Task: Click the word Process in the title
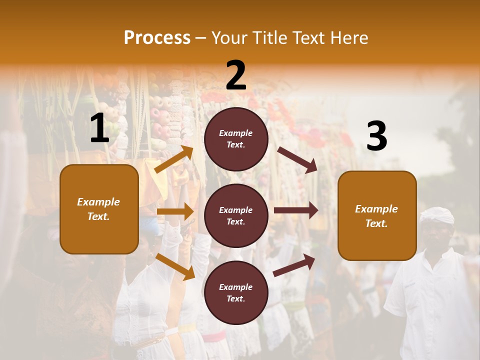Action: click(x=157, y=38)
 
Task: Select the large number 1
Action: click(x=99, y=128)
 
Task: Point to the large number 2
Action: click(x=236, y=75)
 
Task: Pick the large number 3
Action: click(x=376, y=136)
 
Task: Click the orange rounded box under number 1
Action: click(x=99, y=209)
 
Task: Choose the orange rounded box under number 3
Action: click(x=377, y=216)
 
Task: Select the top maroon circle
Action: click(x=236, y=139)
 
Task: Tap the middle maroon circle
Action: click(x=236, y=215)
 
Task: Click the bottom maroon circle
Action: click(x=236, y=292)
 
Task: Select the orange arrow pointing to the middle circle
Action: click(x=175, y=211)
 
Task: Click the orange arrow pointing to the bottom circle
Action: click(x=175, y=266)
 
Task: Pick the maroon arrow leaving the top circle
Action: click(x=297, y=160)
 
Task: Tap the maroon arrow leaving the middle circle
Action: click(x=296, y=210)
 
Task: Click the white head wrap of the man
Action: click(x=437, y=215)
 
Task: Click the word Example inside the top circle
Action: click(x=236, y=133)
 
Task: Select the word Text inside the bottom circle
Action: click(x=236, y=298)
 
